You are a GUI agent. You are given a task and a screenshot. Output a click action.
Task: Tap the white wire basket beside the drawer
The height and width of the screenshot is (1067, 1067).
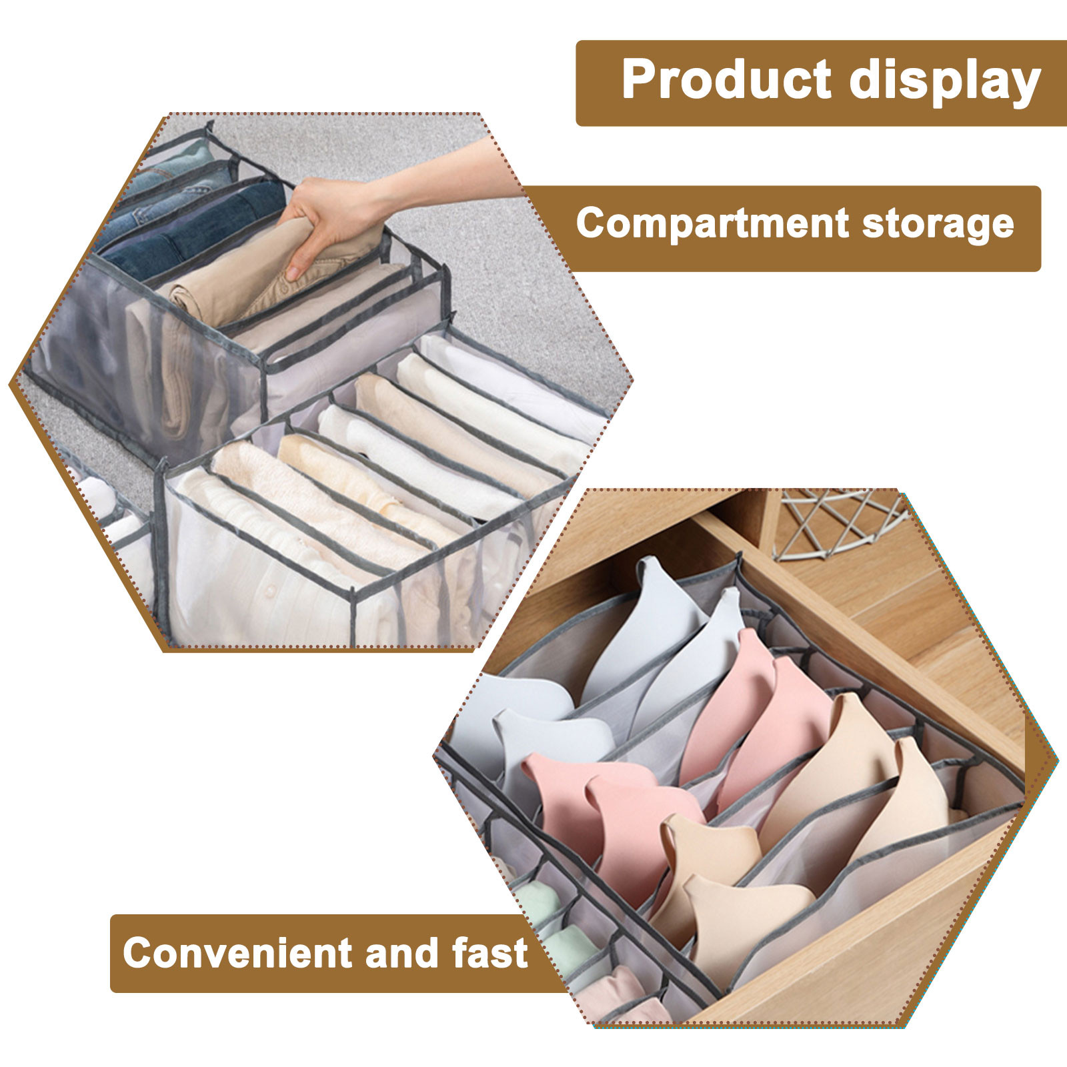pyautogui.click(x=840, y=523)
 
